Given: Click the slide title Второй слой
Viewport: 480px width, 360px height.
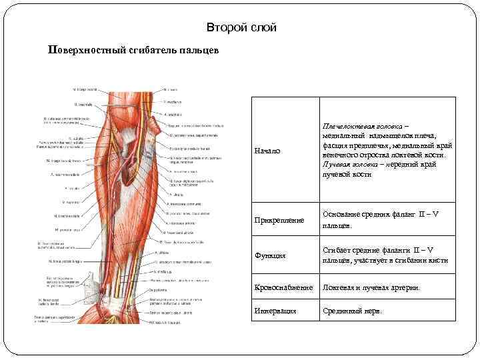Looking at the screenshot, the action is pyautogui.click(x=241, y=27).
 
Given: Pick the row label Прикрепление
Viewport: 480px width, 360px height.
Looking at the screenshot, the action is pyautogui.click(x=280, y=219).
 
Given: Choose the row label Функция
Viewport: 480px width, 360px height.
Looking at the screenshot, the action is pyautogui.click(x=271, y=255).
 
